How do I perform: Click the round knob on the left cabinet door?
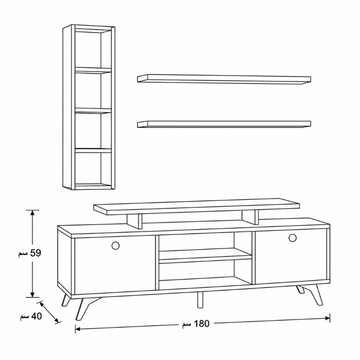tap(116, 246)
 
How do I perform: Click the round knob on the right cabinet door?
tap(292, 238)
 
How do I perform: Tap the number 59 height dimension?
tap(36, 253)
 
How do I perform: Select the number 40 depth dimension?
tap(36, 316)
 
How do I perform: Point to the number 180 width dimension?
tap(202, 324)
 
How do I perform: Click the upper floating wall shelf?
tap(224, 79)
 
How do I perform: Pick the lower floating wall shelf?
tap(224, 124)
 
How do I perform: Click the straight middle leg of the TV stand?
tap(200, 300)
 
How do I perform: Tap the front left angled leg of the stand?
tap(85, 308)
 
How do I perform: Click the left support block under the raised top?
tap(134, 221)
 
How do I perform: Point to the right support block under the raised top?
tap(250, 217)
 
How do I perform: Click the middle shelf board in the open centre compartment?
tap(206, 256)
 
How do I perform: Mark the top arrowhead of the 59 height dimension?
tap(32, 212)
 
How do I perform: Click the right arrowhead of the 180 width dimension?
tap(328, 318)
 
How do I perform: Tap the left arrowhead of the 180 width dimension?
tap(78, 329)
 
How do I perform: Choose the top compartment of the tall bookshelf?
tap(93, 49)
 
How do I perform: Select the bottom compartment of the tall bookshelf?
tap(93, 168)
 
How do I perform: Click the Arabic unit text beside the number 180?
tap(186, 325)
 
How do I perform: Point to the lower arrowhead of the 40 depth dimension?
tap(57, 321)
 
